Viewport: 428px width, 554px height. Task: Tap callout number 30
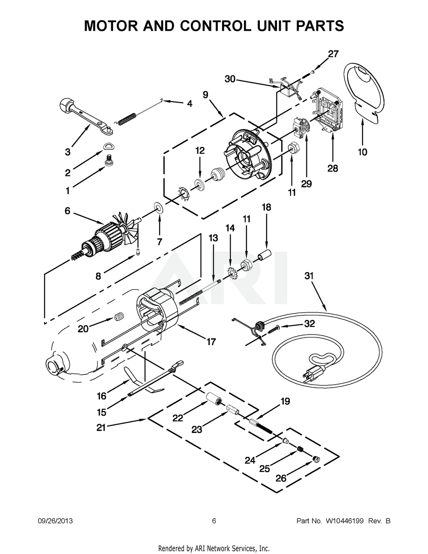(x=230, y=79)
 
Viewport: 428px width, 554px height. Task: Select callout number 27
(x=333, y=54)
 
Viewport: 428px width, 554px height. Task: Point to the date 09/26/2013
(x=55, y=521)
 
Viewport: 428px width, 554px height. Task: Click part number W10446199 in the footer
(x=345, y=521)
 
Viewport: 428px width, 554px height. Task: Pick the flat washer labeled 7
(x=159, y=208)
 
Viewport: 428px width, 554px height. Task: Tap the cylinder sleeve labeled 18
(x=264, y=254)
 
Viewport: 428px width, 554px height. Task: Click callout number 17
(x=211, y=342)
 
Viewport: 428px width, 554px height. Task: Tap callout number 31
(x=309, y=276)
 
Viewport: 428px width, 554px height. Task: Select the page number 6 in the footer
(x=214, y=521)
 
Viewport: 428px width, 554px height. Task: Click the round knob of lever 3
(x=66, y=107)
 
